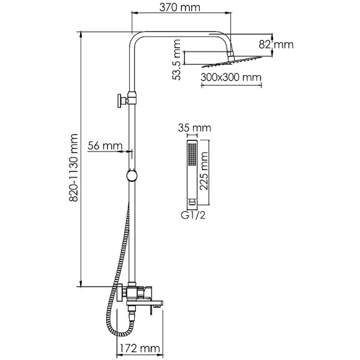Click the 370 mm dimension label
pos(180,7)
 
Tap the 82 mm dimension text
pos(276,45)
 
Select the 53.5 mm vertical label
pos(177,60)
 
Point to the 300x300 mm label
pos(231,78)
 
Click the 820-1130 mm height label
pos(74,168)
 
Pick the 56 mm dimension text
pos(105,146)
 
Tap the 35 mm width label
pos(195,128)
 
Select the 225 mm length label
pos(204,171)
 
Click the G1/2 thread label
pos(193,215)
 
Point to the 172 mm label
pos(140,349)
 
